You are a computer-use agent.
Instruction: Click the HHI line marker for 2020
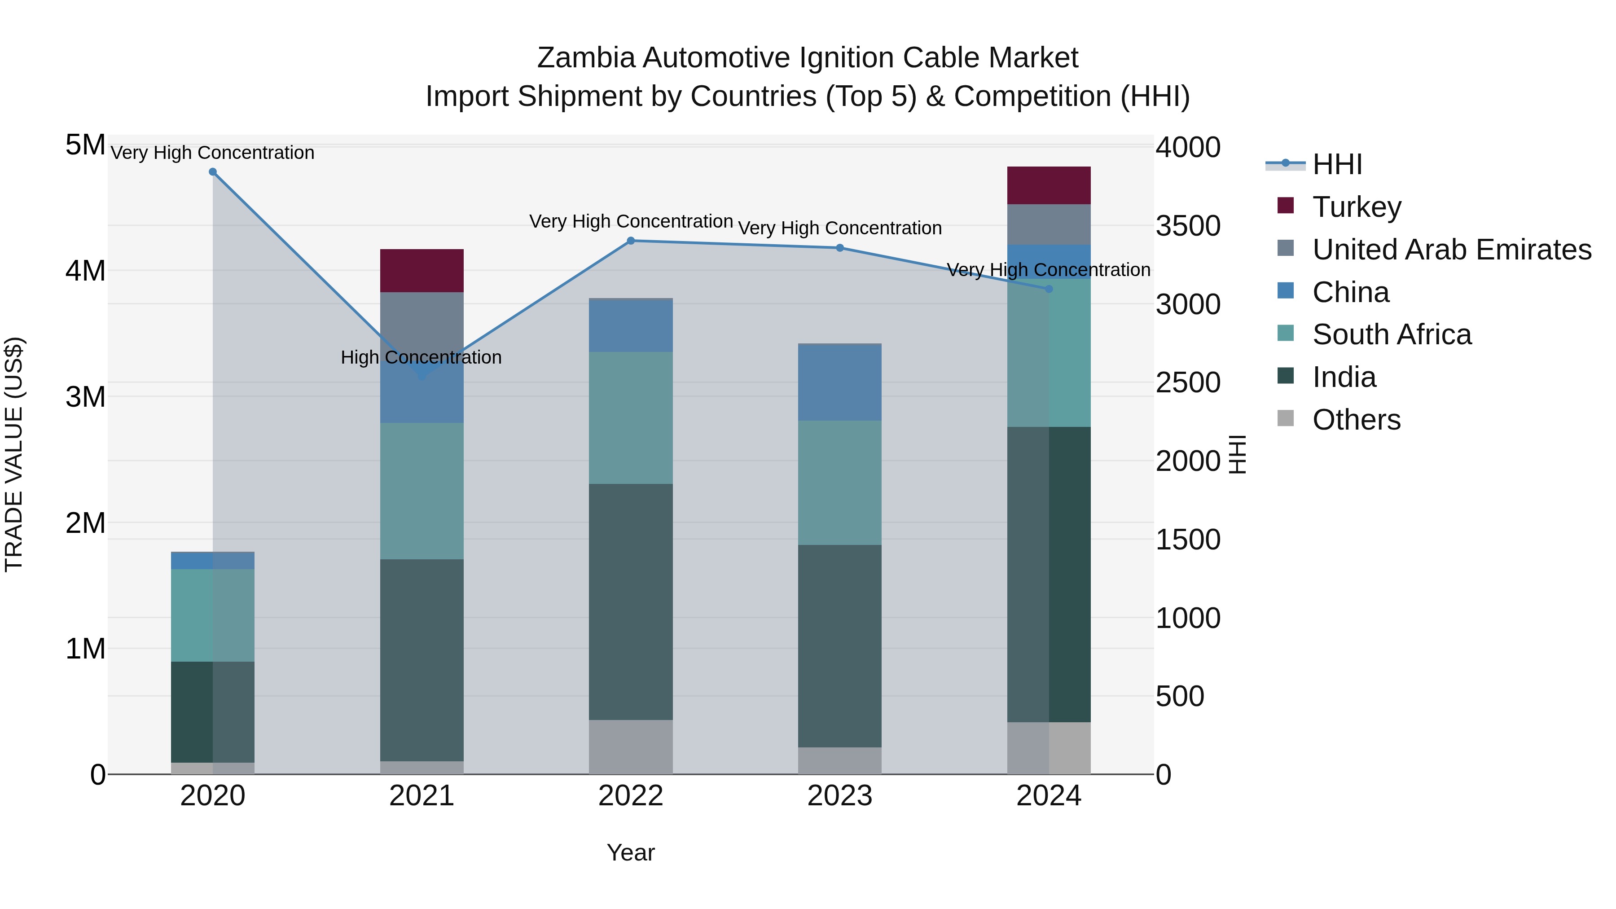[x=213, y=172]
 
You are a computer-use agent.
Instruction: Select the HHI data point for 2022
[x=631, y=240]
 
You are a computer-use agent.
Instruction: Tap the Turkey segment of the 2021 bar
[x=422, y=270]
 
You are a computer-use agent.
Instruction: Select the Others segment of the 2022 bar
[x=631, y=747]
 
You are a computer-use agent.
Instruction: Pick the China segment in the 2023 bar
[x=839, y=382]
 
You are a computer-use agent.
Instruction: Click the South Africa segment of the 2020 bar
[x=213, y=615]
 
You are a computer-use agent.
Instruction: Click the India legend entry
[x=1344, y=377]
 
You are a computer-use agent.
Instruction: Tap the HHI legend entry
[x=1336, y=164]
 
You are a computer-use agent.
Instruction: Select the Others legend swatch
[x=1286, y=418]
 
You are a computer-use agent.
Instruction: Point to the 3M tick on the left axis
[x=85, y=397]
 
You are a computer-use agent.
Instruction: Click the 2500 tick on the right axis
[x=1187, y=382]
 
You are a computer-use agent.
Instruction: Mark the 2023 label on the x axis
[x=839, y=796]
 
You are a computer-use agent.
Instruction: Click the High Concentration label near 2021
[x=421, y=358]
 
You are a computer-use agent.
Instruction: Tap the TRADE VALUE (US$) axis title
[x=14, y=454]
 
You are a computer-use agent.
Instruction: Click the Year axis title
[x=631, y=852]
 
